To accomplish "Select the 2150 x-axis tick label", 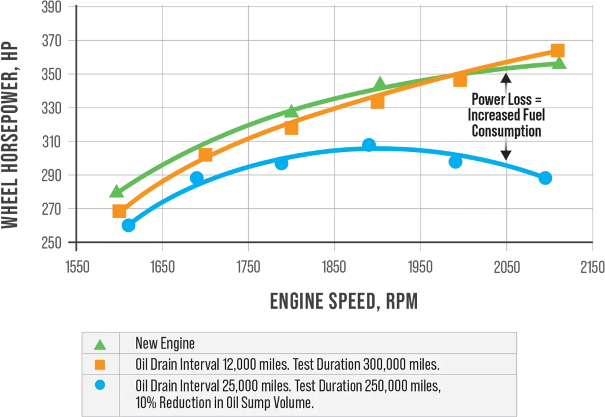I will [592, 267].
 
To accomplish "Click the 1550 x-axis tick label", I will [77, 267].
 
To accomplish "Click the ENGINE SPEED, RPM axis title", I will [344, 302].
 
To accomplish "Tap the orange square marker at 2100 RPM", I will [558, 50].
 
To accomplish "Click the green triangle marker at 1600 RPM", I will [117, 191].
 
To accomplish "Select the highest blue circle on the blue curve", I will [369, 145].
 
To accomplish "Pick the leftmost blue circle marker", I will [128, 225].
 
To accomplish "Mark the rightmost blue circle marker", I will [545, 177].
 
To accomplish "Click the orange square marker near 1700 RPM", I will [206, 156].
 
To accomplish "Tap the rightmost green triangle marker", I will [560, 63].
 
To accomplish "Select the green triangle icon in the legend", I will [100, 344].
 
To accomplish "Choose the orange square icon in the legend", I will [100, 364].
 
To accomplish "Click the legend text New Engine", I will [165, 343].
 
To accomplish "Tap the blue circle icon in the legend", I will [100, 386].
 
